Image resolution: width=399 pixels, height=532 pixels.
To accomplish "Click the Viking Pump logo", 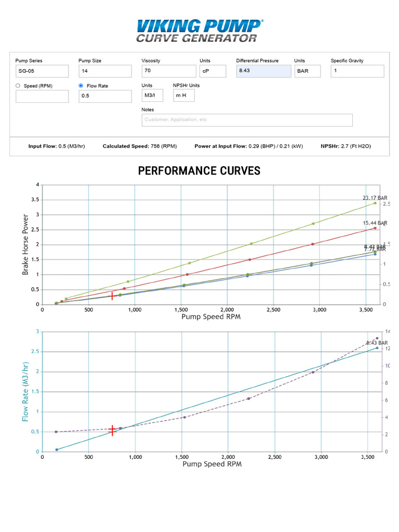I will pyautogui.click(x=199, y=30).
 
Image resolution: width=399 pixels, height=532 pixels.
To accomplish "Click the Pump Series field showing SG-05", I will pyautogui.click(x=42, y=71).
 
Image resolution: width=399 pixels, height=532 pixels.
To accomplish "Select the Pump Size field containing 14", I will pyautogui.click(x=105, y=71).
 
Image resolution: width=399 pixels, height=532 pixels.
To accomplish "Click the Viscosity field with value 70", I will pyautogui.click(x=168, y=71).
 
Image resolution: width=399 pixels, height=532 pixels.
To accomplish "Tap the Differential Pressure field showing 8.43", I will pyautogui.click(x=263, y=71).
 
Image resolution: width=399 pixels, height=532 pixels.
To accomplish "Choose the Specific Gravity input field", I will pyautogui.click(x=357, y=71).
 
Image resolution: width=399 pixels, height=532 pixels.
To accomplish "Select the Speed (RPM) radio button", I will pyautogui.click(x=18, y=86).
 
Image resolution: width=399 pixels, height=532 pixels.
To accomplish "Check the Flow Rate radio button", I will pyautogui.click(x=81, y=86).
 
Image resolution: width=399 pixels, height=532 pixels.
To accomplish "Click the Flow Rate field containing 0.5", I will pyautogui.click(x=105, y=96).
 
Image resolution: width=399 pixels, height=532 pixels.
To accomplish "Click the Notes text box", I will pyautogui.click(x=247, y=120).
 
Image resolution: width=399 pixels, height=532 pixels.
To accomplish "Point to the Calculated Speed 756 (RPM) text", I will pyautogui.click(x=140, y=147).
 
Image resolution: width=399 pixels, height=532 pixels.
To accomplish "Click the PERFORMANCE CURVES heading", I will pyautogui.click(x=199, y=171).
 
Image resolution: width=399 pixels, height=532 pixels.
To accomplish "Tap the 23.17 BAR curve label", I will pyautogui.click(x=375, y=198).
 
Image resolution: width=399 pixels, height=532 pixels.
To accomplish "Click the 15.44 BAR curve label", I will pyautogui.click(x=375, y=223).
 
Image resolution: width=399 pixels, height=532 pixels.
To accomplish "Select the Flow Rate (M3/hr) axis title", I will pyautogui.click(x=25, y=391).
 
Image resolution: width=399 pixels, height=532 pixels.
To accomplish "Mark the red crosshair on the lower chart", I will pyautogui.click(x=112, y=430).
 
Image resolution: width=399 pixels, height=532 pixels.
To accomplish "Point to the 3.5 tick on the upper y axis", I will pyautogui.click(x=36, y=199).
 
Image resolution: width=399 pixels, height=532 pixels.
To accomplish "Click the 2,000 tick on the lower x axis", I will pyautogui.click(x=227, y=457).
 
